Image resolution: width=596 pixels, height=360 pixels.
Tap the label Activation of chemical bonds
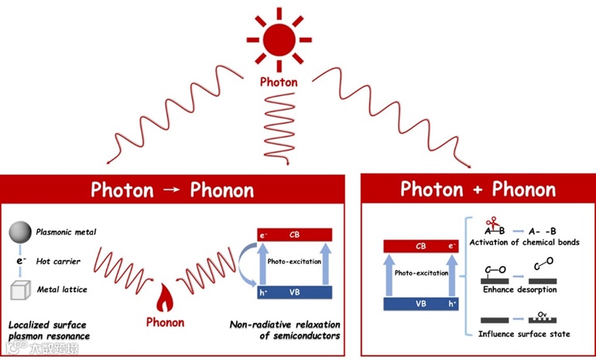[x=525, y=242]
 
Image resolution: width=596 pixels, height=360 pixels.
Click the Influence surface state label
[x=524, y=334]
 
